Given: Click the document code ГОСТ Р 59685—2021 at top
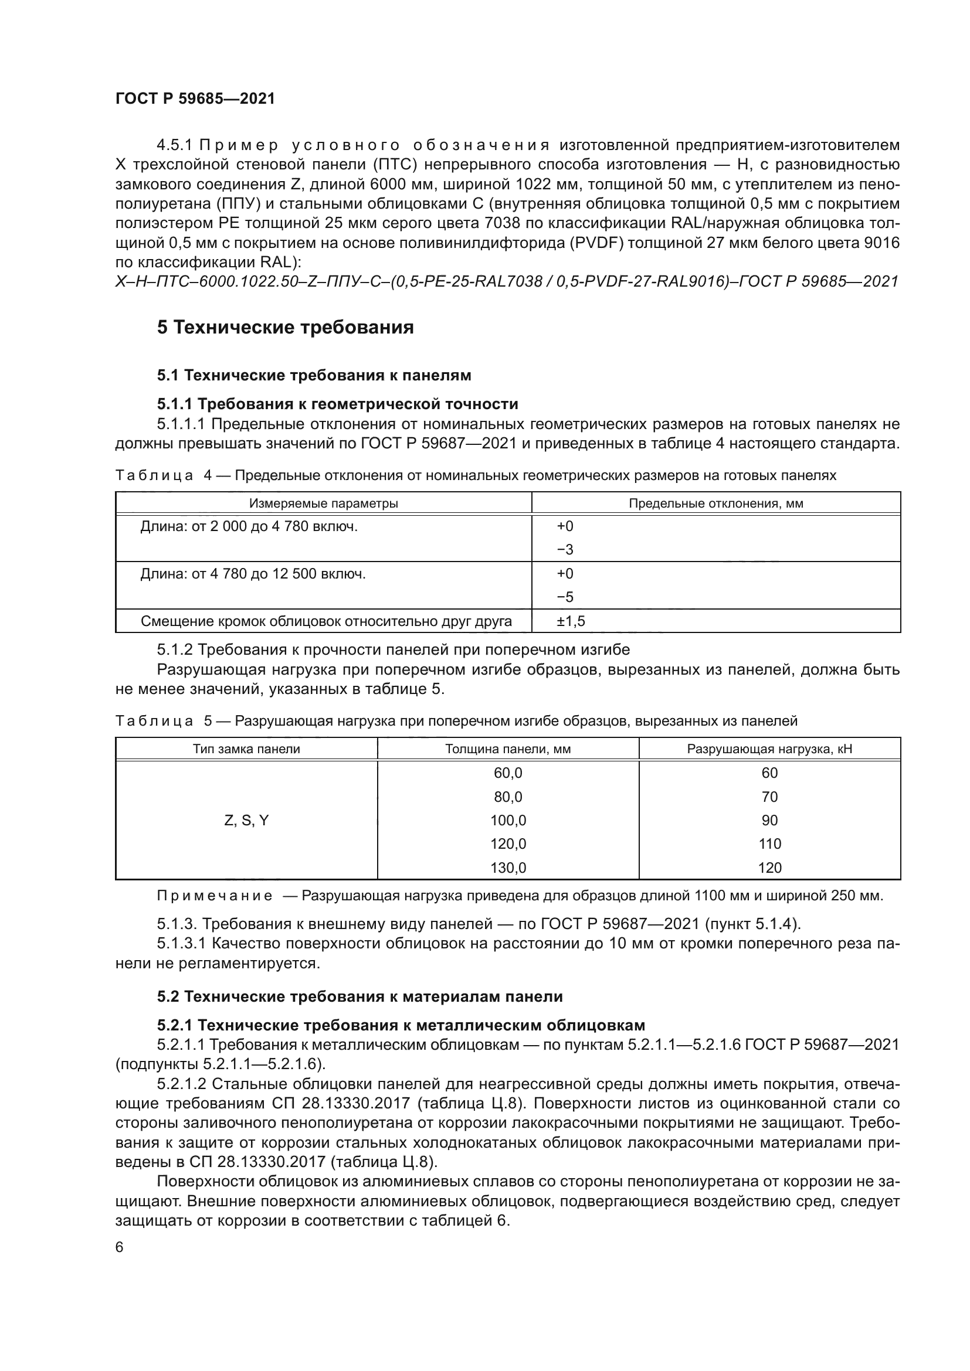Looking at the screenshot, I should coord(195,98).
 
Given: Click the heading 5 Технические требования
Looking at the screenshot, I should coord(285,327).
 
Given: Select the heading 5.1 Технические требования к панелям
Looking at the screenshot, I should coord(314,375).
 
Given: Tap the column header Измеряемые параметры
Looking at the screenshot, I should coord(323,504).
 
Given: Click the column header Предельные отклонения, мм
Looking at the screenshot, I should coord(715,504).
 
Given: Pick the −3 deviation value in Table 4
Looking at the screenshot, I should coord(564,549).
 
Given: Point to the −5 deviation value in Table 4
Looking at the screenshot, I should coord(564,597).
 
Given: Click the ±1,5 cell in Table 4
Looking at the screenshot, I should coord(571,621).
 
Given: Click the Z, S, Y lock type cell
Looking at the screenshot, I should coord(246,821).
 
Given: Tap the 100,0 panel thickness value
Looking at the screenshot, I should coord(508,821).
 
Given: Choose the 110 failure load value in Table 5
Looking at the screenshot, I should coord(769,843).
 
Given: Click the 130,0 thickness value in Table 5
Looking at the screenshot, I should coord(508,867).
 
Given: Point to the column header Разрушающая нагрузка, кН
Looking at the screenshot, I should coord(769,749).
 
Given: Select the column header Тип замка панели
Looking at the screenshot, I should coord(246,749).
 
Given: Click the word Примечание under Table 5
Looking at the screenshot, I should coord(215,896).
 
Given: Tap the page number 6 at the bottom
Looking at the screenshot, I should coord(120,1247).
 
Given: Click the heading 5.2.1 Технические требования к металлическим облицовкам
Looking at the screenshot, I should coord(401,1025).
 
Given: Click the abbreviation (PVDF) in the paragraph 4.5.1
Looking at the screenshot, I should coord(591,243).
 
